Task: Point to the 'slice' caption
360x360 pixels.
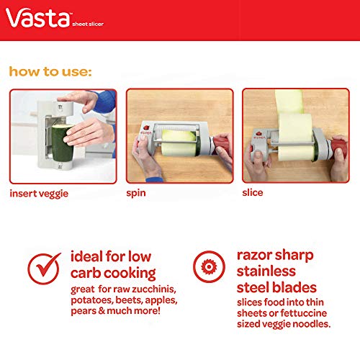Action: click(x=253, y=194)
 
